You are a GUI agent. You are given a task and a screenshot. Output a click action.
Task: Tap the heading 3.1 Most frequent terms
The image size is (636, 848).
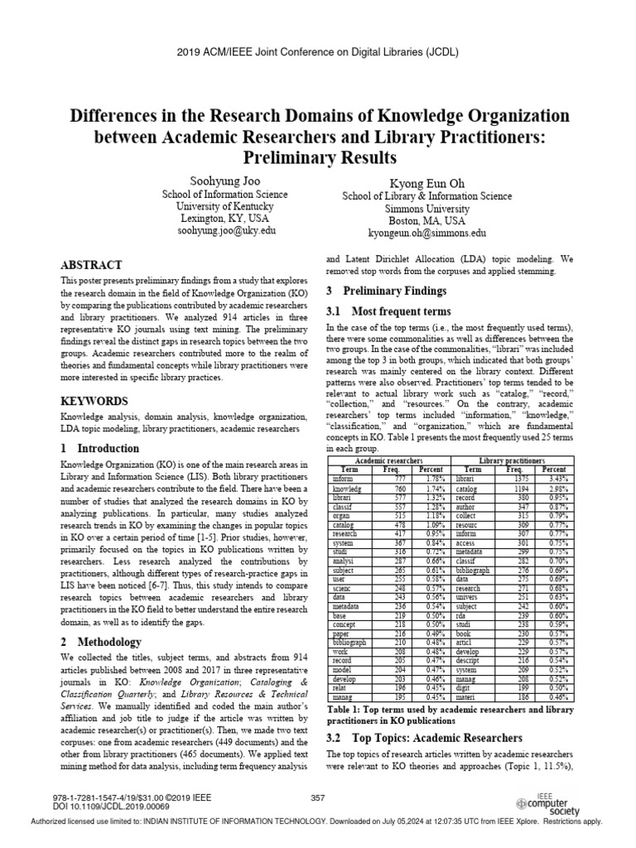click(x=388, y=311)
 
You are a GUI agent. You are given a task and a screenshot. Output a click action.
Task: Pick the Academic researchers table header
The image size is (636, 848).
click(x=388, y=460)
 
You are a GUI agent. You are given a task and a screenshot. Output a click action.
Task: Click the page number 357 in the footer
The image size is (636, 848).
click(x=317, y=797)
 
